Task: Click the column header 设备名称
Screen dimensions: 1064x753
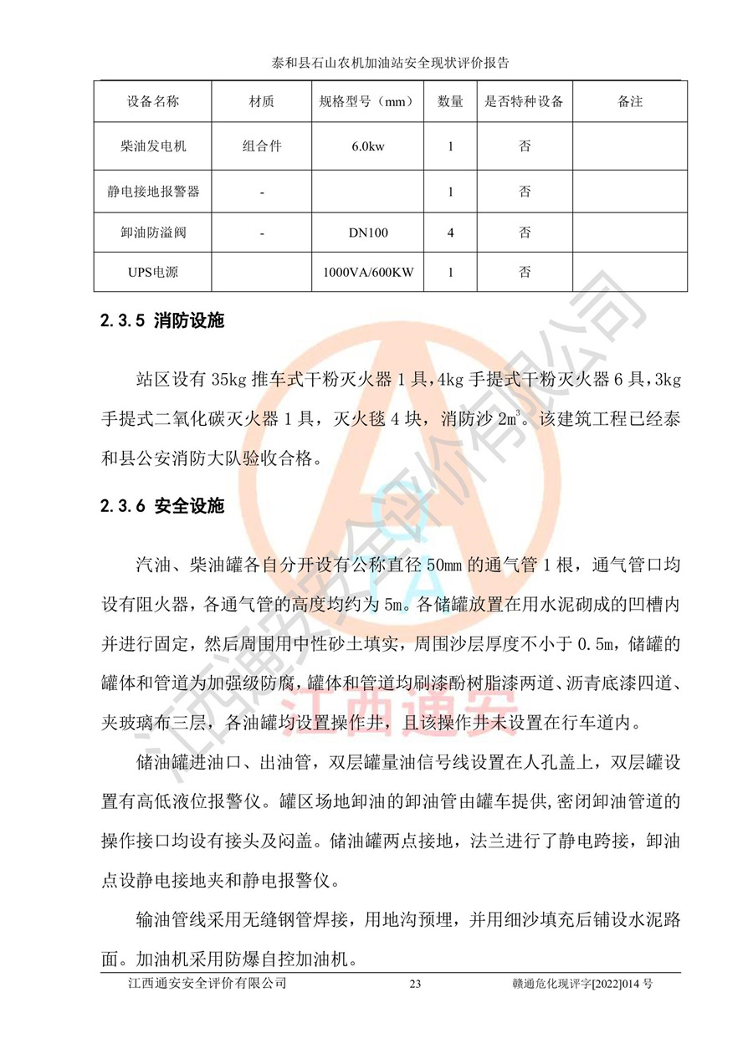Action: click(153, 101)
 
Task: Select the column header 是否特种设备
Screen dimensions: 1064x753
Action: click(524, 101)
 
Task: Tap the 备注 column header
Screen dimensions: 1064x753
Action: click(630, 101)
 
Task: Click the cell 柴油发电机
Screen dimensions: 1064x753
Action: click(153, 146)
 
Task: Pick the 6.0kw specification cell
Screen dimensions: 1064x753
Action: click(368, 146)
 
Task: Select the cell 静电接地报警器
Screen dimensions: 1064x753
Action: click(153, 192)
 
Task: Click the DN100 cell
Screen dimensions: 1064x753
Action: click(368, 233)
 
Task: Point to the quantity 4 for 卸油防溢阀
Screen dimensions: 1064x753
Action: click(451, 233)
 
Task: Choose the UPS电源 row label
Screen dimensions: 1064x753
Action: click(153, 273)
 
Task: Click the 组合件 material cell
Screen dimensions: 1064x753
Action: click(262, 146)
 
